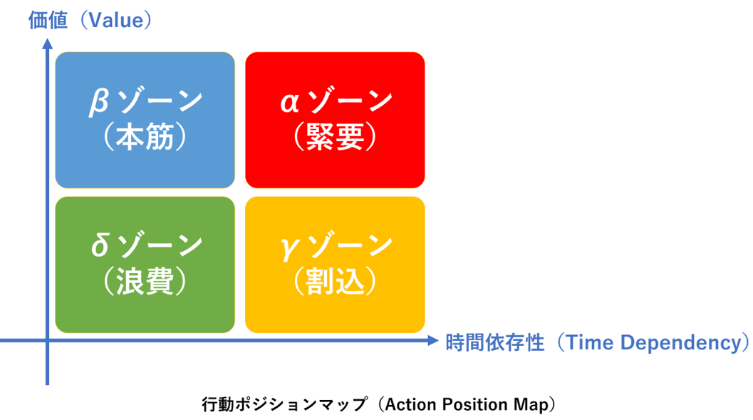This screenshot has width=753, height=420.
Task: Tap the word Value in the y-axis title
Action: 115,19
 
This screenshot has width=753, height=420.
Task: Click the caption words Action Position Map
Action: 466,404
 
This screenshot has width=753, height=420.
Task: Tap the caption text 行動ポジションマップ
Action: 284,404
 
